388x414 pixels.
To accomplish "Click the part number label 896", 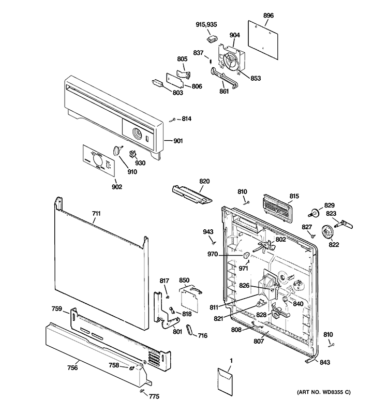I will (x=268, y=16).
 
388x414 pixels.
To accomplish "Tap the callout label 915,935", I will (x=207, y=25).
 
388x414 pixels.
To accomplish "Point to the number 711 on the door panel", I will (x=96, y=213).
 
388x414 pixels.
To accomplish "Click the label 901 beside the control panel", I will (x=178, y=141).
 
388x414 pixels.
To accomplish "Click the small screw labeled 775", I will (x=141, y=392).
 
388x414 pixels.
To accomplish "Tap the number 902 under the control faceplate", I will (x=116, y=186).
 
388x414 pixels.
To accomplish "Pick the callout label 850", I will (x=184, y=280).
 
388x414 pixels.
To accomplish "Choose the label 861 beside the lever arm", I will (x=223, y=92).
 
